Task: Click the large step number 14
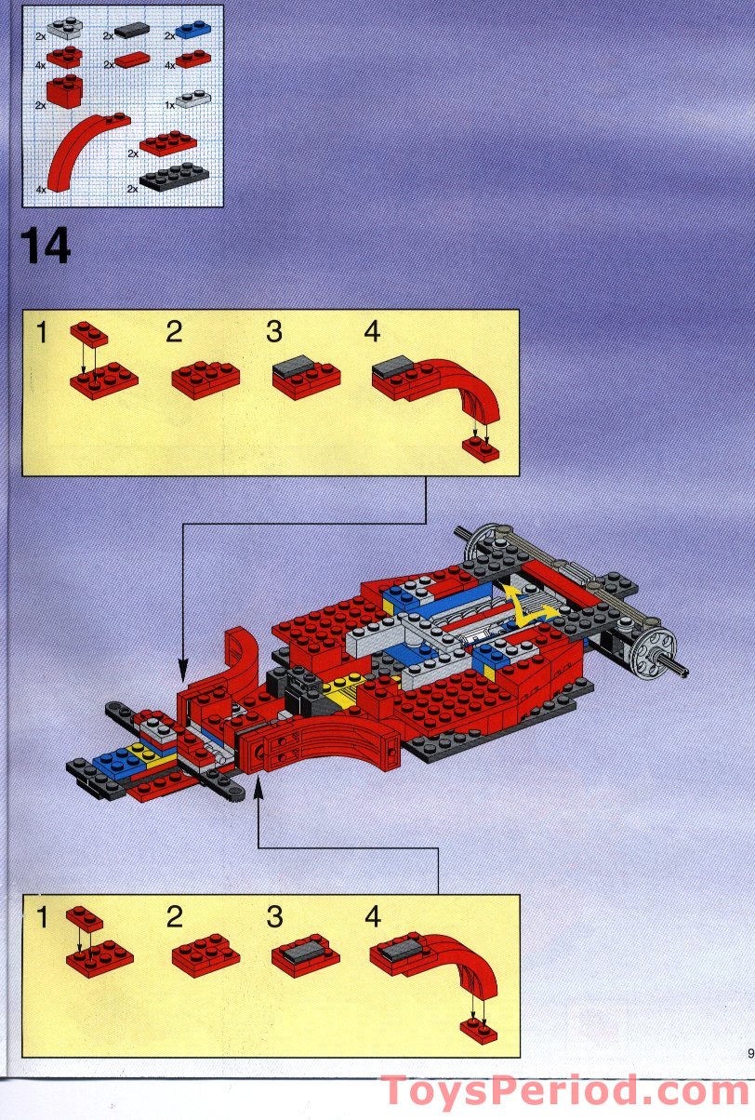[x=45, y=247]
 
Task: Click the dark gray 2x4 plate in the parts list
[x=174, y=176]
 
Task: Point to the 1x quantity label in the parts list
[x=169, y=105]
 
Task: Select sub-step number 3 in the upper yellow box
[x=273, y=332]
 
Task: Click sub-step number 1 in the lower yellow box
[x=41, y=917]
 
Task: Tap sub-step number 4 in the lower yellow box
[x=372, y=917]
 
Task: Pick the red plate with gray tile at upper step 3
[x=306, y=378]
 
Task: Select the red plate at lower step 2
[x=205, y=953]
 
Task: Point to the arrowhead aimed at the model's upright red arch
[x=182, y=666]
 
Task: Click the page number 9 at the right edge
[x=749, y=1053]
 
